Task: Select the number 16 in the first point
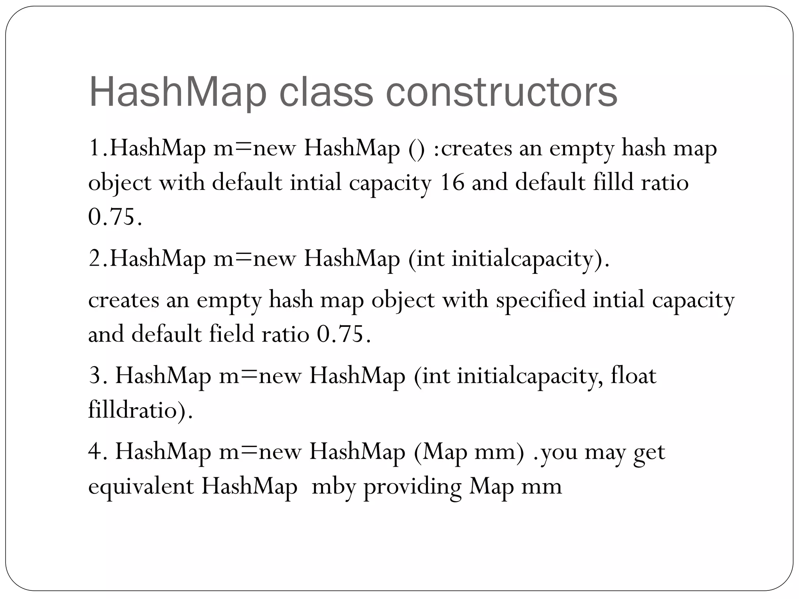pos(452,183)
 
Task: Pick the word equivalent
pos(141,486)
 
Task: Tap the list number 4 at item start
pos(95,452)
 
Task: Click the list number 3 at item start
pos(95,376)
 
